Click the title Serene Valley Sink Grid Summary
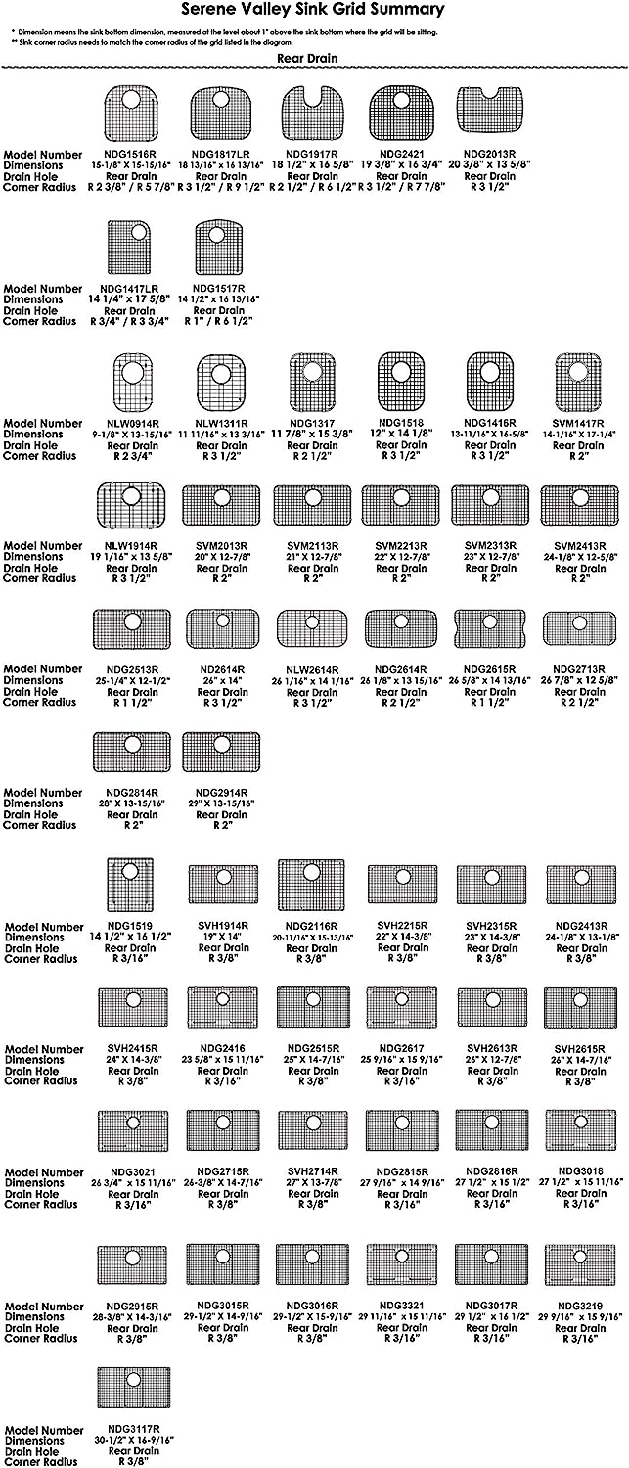point(314,10)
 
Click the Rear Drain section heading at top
point(306,58)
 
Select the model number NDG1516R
point(130,155)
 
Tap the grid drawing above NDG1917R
point(311,114)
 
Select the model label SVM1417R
point(578,424)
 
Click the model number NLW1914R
point(131,546)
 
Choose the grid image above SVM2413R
point(578,505)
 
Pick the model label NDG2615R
point(492,669)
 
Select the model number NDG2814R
point(131,793)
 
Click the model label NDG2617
point(402,1049)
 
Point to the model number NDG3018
point(581,1171)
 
